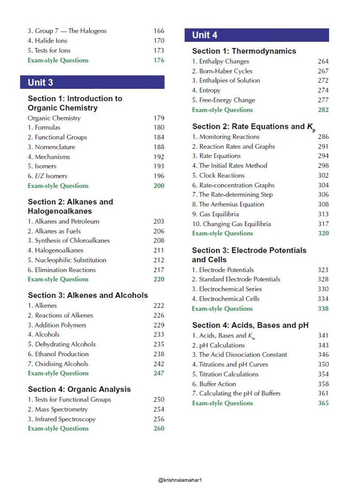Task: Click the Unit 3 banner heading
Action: [40, 82]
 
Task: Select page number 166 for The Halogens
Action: [159, 31]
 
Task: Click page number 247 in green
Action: [159, 373]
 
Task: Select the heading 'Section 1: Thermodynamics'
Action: [244, 51]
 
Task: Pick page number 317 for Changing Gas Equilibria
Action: [323, 224]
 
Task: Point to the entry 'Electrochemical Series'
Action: [227, 289]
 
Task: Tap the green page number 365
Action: [323, 403]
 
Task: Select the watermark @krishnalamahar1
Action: [180, 480]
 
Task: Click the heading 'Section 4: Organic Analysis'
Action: [79, 389]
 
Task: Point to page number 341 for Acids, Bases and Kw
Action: [323, 335]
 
